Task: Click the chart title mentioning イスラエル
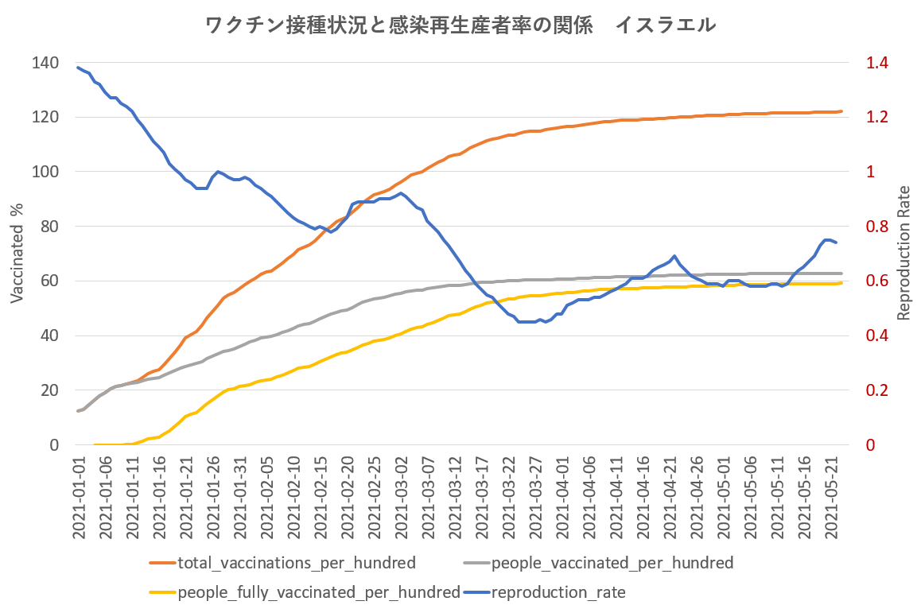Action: [461, 25]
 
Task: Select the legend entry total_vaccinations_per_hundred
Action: [297, 564]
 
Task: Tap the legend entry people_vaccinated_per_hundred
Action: [612, 564]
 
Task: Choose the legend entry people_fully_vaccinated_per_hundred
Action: [319, 592]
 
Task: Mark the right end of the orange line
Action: [841, 111]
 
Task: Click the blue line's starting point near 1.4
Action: [78, 68]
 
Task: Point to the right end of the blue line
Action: [835, 242]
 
